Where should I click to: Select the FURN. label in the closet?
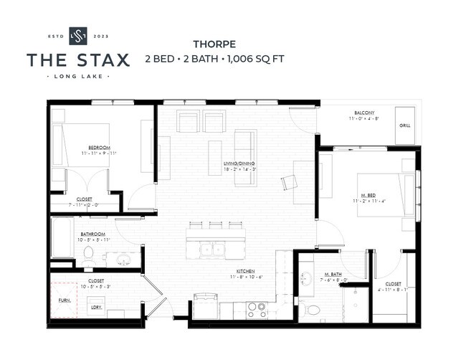(64, 300)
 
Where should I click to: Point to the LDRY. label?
(95, 307)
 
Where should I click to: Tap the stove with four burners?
(257, 309)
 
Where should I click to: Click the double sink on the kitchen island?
(212, 250)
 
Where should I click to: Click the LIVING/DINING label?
(239, 164)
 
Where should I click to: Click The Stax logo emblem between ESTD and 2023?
(77, 35)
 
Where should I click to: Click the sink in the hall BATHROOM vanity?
(124, 257)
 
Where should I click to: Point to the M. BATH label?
(332, 274)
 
